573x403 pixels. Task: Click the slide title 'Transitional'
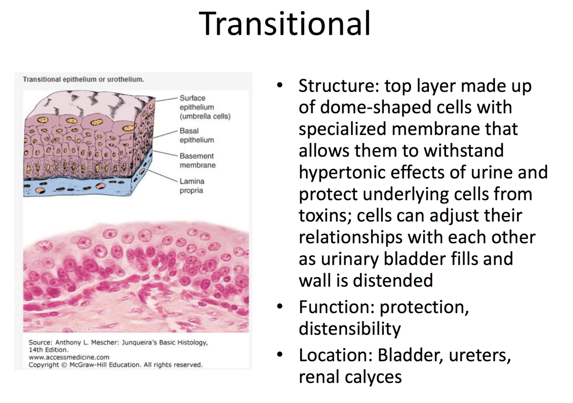point(284,24)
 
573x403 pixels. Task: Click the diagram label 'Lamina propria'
point(192,186)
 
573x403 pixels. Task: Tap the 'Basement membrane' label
point(198,160)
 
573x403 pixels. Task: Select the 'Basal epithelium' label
point(197,135)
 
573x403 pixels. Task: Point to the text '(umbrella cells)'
point(205,116)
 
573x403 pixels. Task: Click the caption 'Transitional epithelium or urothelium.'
point(83,79)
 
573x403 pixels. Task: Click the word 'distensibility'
point(350,329)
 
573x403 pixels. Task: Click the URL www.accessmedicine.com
point(69,357)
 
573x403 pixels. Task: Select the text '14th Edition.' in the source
point(49,350)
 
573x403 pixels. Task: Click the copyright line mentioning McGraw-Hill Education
point(116,365)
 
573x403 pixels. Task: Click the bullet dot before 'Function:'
point(280,306)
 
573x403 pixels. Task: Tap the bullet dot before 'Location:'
point(280,355)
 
